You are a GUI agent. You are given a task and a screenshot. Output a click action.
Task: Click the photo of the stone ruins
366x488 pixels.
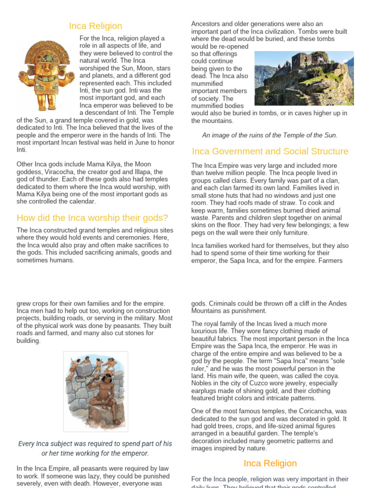[x=304, y=78]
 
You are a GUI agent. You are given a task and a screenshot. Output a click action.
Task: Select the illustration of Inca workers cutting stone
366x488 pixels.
[x=95, y=391]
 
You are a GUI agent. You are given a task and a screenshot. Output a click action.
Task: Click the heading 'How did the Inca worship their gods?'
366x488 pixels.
[x=92, y=218]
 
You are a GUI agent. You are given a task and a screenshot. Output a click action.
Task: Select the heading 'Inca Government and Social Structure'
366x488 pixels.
[x=270, y=152]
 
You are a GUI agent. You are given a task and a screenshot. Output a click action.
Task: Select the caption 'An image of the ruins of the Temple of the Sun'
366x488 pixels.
[x=270, y=135]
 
